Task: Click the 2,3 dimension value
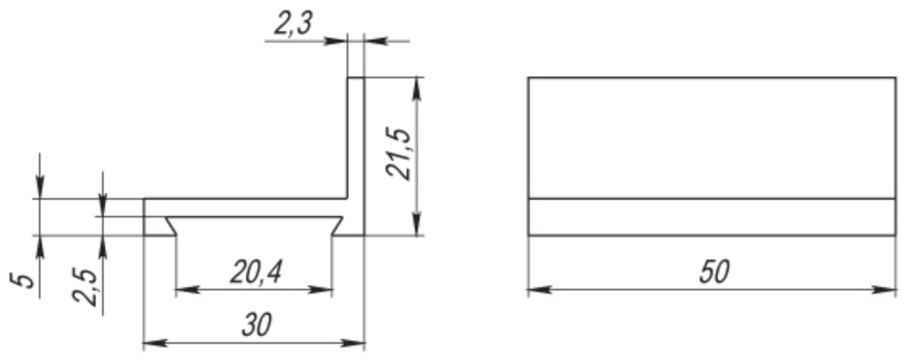[293, 23]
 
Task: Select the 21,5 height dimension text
[399, 154]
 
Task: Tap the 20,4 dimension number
[256, 272]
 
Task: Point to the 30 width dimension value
[257, 325]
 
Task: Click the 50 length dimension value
[715, 272]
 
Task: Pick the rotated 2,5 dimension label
[85, 285]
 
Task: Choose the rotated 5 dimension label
[22, 279]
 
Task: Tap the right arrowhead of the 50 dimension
[884, 289]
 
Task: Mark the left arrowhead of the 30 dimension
[155, 343]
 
